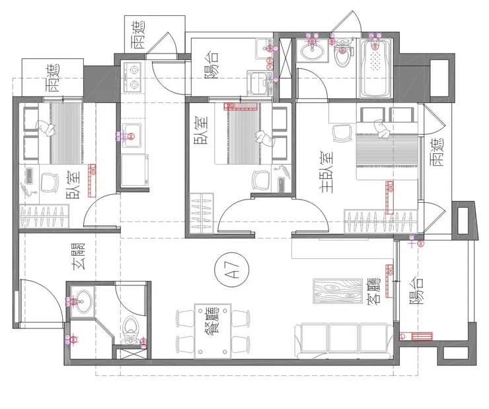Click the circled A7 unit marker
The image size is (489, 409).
[x=232, y=270]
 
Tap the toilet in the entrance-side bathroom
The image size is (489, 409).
[x=132, y=330]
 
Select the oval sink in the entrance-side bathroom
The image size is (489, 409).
[x=82, y=301]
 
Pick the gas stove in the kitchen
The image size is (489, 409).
[x=133, y=77]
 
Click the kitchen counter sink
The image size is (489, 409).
[x=132, y=135]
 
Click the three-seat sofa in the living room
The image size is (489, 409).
[x=344, y=341]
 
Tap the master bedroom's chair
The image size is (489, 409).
[x=342, y=133]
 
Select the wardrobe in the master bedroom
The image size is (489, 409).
[x=381, y=221]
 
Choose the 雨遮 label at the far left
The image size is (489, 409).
[x=55, y=77]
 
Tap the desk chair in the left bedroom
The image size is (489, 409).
[x=50, y=182]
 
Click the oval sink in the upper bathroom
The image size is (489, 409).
[x=312, y=50]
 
